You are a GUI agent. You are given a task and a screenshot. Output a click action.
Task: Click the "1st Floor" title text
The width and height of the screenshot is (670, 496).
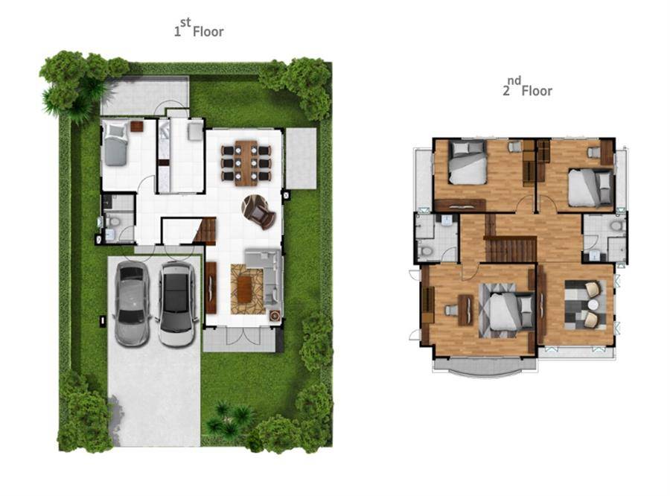[x=198, y=28]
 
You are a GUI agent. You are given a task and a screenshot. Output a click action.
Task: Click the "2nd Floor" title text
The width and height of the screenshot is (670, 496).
[x=527, y=87]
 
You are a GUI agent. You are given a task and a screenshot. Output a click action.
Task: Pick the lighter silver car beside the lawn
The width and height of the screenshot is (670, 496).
[x=132, y=304]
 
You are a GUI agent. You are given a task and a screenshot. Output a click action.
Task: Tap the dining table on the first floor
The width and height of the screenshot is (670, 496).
[x=246, y=163]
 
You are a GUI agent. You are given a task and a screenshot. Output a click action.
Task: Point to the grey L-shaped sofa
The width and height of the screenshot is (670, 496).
[x=264, y=276]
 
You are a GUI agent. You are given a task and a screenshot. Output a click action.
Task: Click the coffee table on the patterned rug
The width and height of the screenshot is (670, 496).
[x=244, y=290]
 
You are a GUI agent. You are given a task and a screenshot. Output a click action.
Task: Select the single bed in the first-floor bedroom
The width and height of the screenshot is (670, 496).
[x=115, y=143]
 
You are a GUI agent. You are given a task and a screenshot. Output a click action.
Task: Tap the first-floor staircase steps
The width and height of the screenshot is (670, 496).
[x=207, y=232]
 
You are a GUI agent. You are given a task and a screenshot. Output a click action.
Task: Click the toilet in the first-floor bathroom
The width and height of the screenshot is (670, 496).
[x=113, y=221]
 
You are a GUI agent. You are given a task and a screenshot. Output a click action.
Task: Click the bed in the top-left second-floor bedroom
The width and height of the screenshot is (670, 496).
[x=468, y=163]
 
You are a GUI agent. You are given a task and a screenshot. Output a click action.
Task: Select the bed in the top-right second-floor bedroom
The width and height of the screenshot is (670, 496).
[x=590, y=187]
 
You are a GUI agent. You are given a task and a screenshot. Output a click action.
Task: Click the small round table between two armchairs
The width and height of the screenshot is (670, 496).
[x=593, y=304]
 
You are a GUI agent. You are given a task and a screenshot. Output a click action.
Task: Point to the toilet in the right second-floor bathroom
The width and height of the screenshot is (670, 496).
[x=616, y=226]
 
